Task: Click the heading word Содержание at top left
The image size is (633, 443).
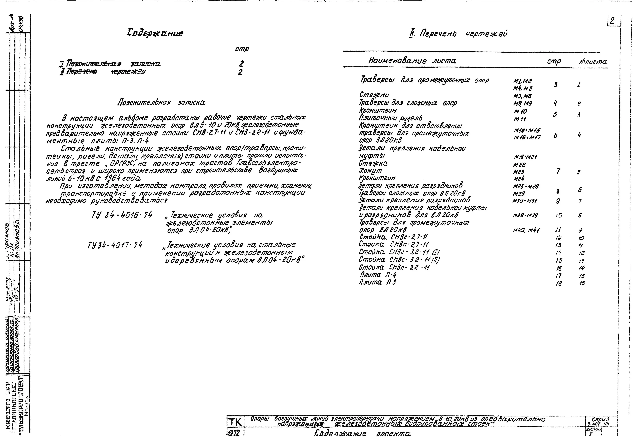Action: click(x=155, y=33)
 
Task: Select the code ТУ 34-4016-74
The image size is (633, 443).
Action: click(x=122, y=215)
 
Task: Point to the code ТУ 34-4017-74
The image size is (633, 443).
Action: click(x=115, y=245)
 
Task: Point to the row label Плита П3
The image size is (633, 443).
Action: click(x=377, y=282)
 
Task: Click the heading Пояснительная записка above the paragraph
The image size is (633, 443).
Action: click(x=161, y=103)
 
